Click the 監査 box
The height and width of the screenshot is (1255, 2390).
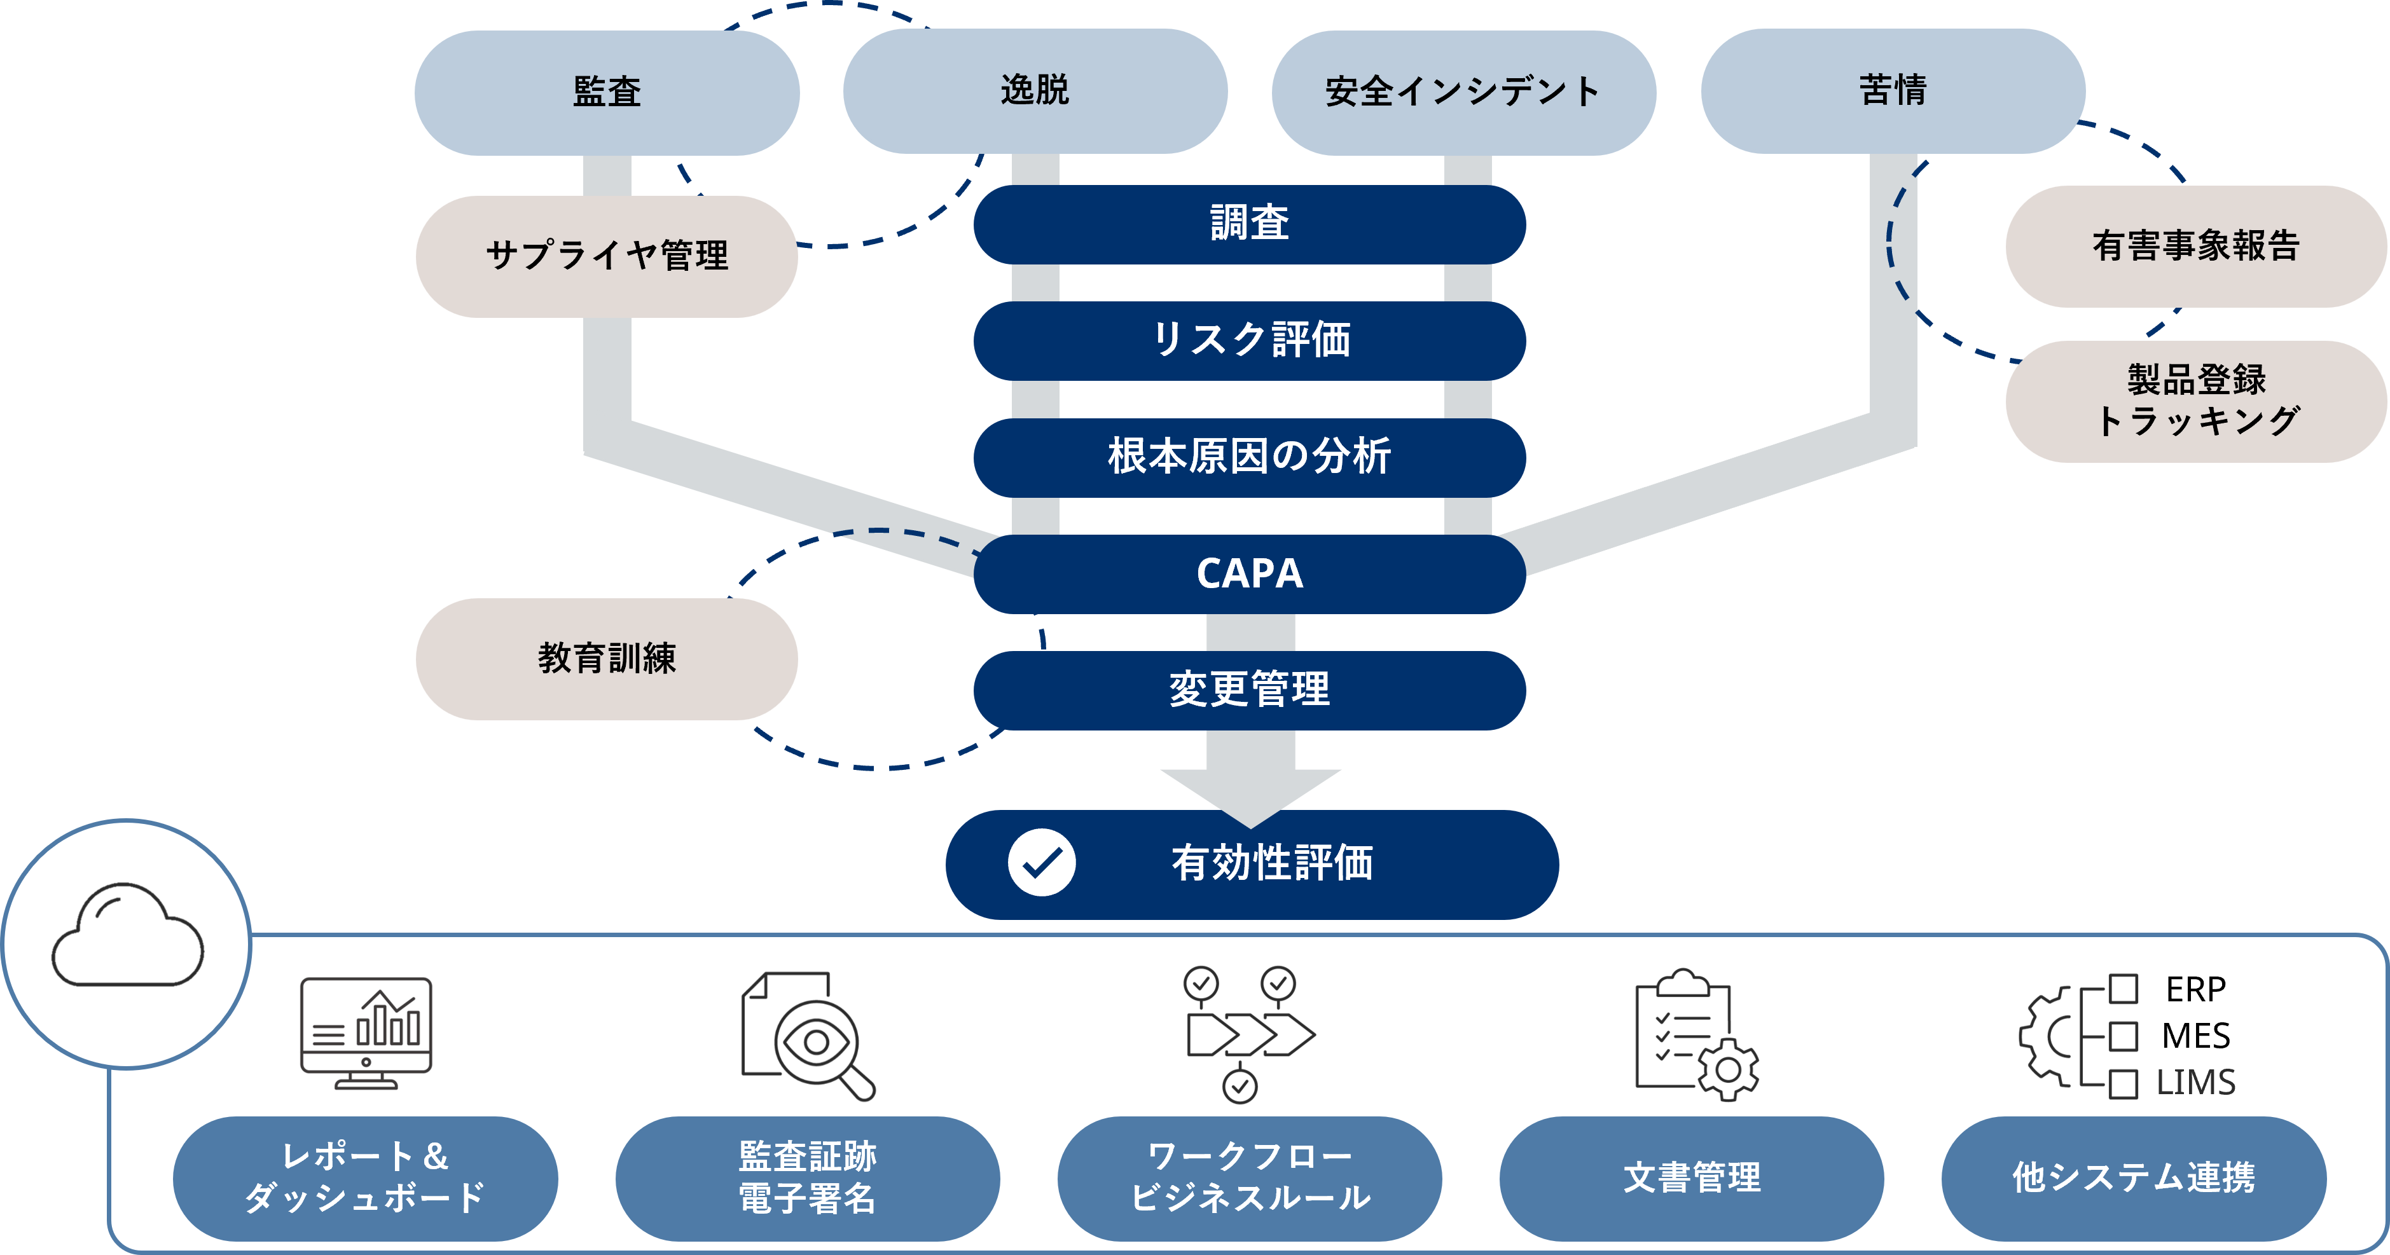click(x=607, y=92)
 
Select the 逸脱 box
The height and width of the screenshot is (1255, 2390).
click(x=1035, y=91)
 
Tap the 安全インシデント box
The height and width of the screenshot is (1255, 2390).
click(x=1463, y=92)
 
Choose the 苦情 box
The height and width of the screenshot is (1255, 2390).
click(x=1893, y=91)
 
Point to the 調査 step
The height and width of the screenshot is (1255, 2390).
click(x=1249, y=224)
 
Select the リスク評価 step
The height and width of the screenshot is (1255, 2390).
click(x=1249, y=340)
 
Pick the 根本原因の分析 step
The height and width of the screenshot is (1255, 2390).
click(x=1249, y=457)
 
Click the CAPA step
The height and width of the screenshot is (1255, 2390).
click(x=1249, y=574)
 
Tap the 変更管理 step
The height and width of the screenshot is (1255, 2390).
click(x=1249, y=690)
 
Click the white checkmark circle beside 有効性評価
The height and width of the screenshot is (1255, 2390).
click(x=1042, y=863)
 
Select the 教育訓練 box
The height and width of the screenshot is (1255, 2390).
click(x=607, y=659)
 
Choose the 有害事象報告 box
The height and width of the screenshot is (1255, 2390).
click(x=2195, y=247)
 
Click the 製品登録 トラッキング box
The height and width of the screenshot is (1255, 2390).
click(x=2195, y=401)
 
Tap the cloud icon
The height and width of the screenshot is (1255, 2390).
click(x=127, y=937)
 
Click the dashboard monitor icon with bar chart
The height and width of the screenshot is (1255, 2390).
click(x=366, y=1033)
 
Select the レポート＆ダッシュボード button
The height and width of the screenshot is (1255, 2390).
click(x=366, y=1178)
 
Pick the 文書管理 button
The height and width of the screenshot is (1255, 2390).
click(x=1691, y=1178)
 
